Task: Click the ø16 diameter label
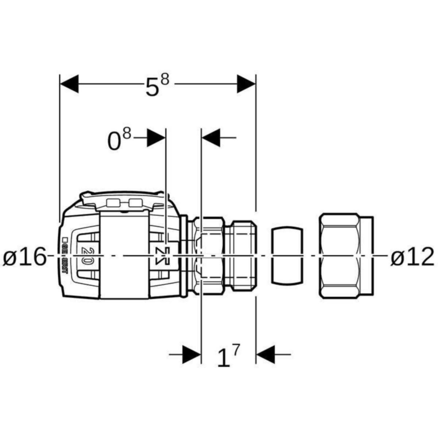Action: click(25, 257)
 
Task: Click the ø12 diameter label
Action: click(412, 257)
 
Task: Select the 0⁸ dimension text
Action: click(119, 140)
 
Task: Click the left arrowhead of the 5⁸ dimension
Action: click(69, 84)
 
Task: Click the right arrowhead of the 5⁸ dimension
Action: click(246, 84)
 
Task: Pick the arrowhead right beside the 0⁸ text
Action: click(156, 138)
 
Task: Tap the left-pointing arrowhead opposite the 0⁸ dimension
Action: click(211, 138)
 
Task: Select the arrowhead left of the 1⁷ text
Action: click(192, 354)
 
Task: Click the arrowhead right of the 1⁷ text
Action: click(265, 354)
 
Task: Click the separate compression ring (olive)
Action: click(287, 255)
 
